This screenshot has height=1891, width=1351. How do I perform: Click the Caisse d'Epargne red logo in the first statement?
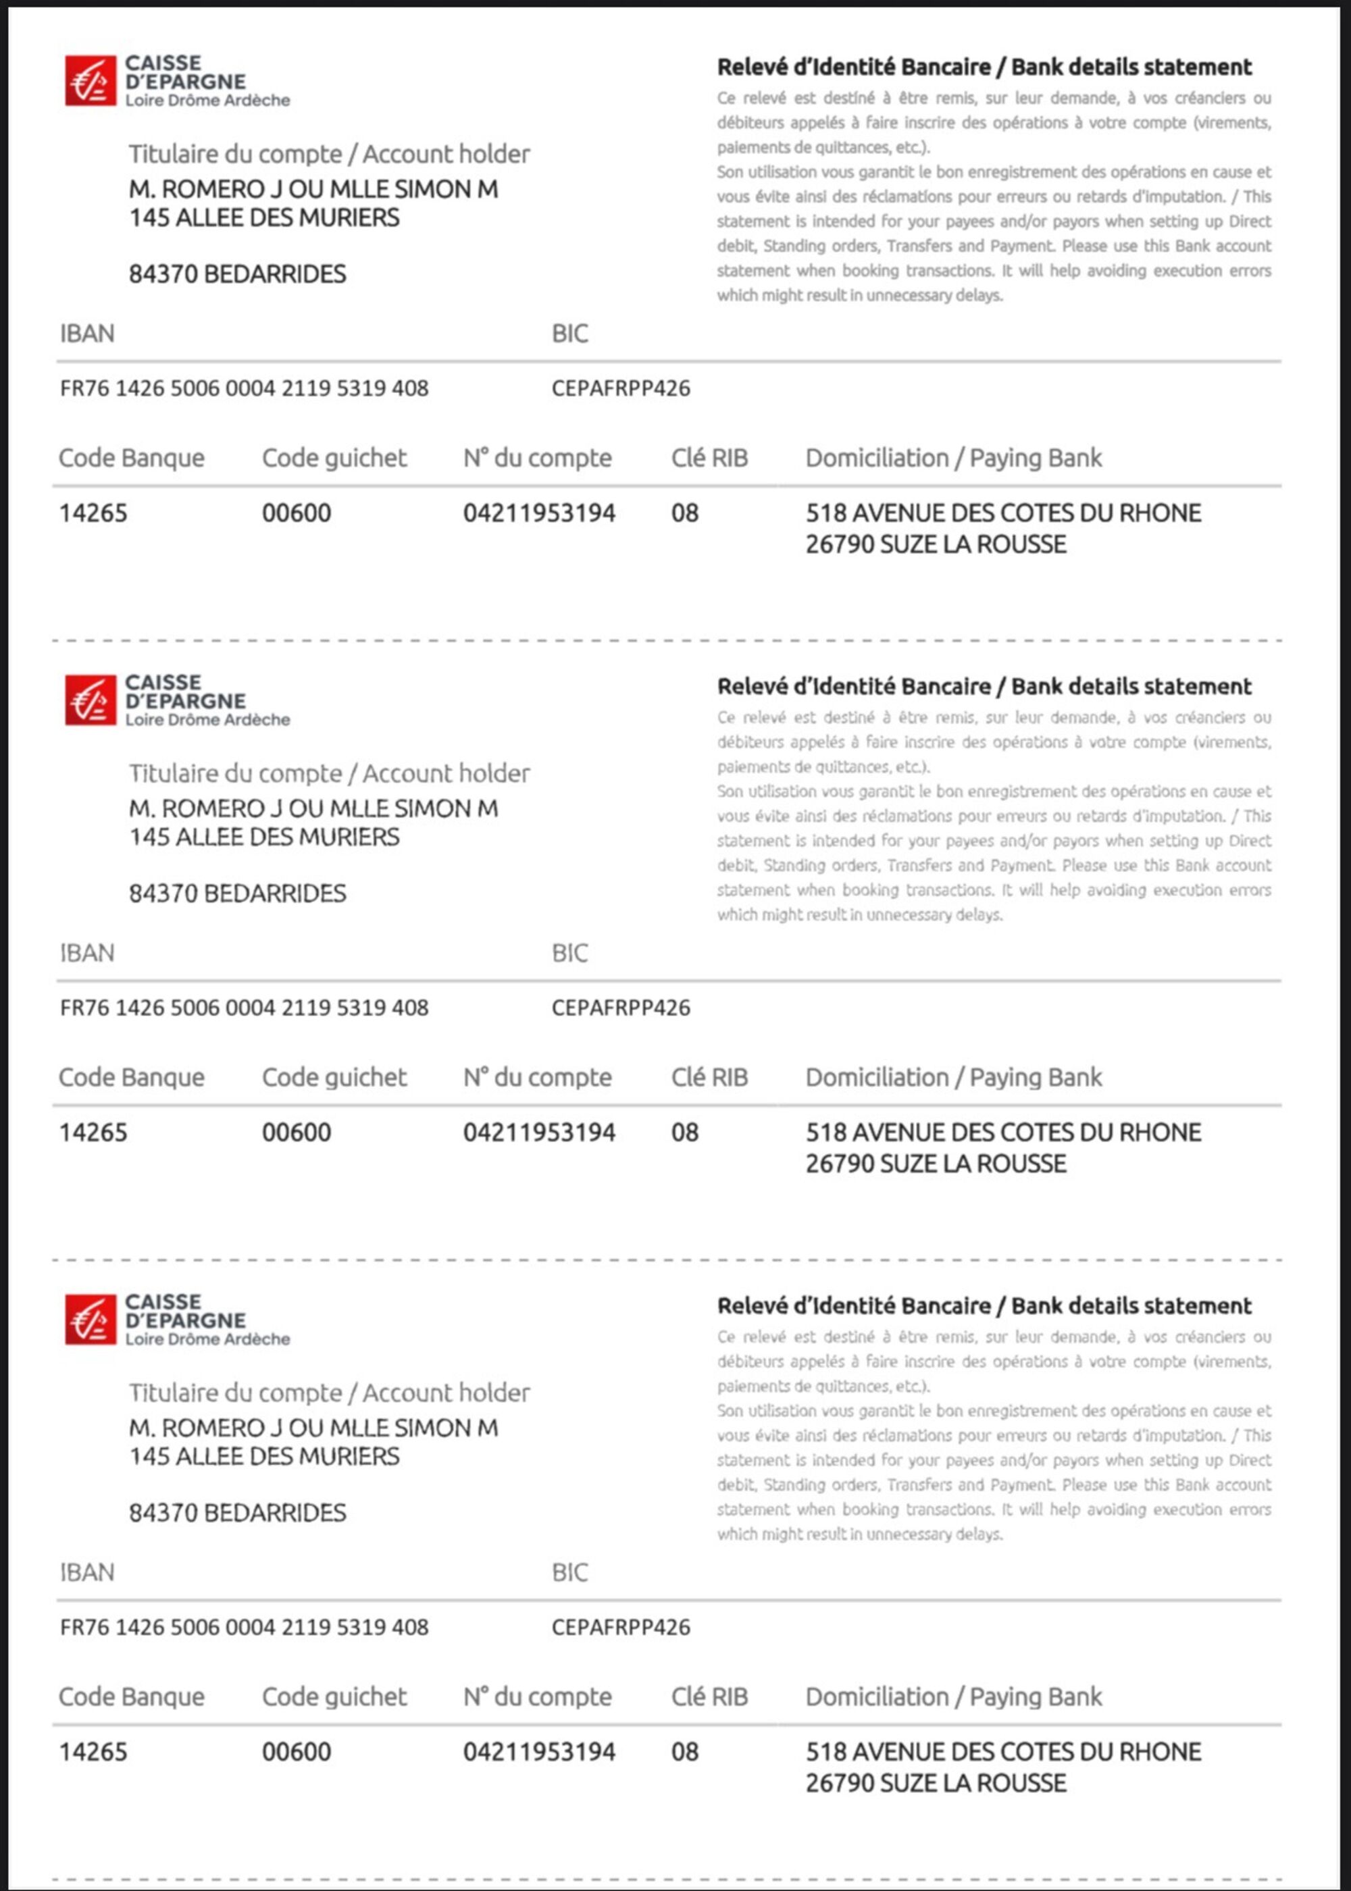90,80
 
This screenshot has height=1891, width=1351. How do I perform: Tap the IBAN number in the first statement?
244,388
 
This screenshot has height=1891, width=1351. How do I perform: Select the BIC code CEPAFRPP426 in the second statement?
621,1008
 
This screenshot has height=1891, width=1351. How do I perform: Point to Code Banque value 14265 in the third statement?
93,1752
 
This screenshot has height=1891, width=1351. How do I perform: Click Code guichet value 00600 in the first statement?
296,513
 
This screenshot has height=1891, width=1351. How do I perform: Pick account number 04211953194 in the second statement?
539,1133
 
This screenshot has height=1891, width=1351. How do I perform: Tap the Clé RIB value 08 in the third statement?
685,1752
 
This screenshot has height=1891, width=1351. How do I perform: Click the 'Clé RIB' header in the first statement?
709,458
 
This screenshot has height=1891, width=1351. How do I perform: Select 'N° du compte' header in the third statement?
538,1697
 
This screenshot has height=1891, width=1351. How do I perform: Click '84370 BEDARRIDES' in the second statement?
237,894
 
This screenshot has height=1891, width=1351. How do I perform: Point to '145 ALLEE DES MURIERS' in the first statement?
263,218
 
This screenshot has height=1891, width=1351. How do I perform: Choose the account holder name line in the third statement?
313,1428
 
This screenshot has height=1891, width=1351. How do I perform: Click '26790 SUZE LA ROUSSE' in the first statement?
935,545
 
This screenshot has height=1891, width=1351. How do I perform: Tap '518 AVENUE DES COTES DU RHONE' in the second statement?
1002,1133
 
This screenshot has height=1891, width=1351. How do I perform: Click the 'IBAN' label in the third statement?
86,1572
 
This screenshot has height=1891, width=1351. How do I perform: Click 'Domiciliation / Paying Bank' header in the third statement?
952,1697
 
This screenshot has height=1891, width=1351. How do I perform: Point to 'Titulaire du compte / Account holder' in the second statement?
328,774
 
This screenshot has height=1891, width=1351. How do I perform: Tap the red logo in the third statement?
90,1320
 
